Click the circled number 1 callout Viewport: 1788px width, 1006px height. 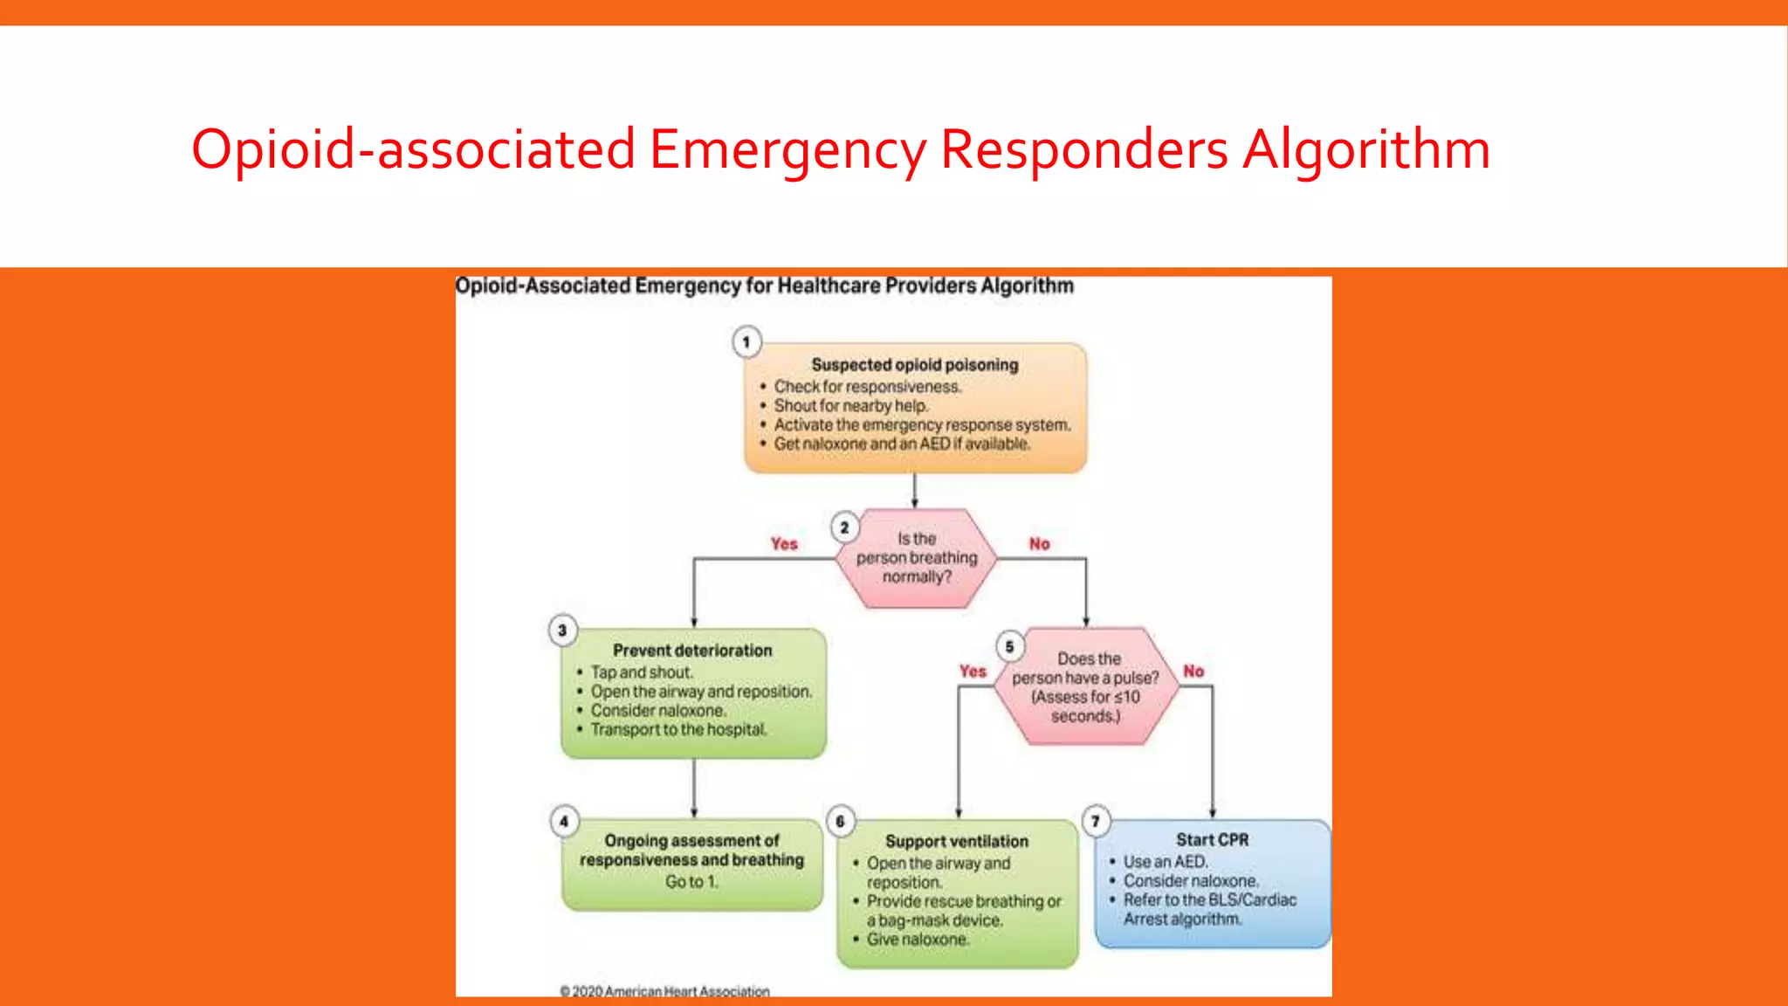tap(746, 342)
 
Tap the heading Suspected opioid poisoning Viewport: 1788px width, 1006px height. tap(914, 365)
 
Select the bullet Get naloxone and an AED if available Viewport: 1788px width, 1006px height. tap(901, 444)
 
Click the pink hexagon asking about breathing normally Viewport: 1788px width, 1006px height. tap(916, 558)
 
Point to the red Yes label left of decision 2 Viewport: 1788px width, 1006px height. tap(784, 544)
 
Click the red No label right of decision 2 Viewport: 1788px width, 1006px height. tap(1039, 544)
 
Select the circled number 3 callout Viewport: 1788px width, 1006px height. tap(562, 630)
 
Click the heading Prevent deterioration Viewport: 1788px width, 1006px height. tap(692, 651)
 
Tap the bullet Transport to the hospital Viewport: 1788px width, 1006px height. tap(678, 729)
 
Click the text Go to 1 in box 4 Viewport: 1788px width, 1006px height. tap(691, 882)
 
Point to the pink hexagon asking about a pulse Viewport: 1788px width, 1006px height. tap(1085, 686)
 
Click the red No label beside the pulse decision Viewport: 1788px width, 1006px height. tap(1193, 672)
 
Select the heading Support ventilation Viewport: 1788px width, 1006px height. tap(957, 841)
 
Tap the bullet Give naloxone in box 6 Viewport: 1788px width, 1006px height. tap(917, 940)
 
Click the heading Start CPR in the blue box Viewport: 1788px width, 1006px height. tap(1212, 840)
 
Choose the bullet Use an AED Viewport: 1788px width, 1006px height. tap(1165, 862)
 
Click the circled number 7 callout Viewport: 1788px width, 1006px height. tap(1096, 821)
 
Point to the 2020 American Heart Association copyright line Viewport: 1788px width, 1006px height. tap(665, 991)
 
